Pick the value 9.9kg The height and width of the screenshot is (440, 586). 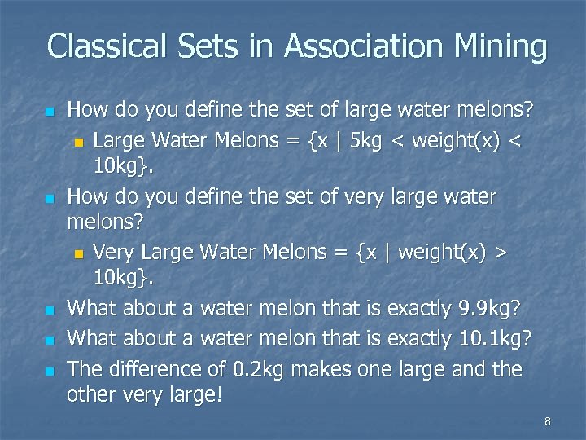coord(489,310)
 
